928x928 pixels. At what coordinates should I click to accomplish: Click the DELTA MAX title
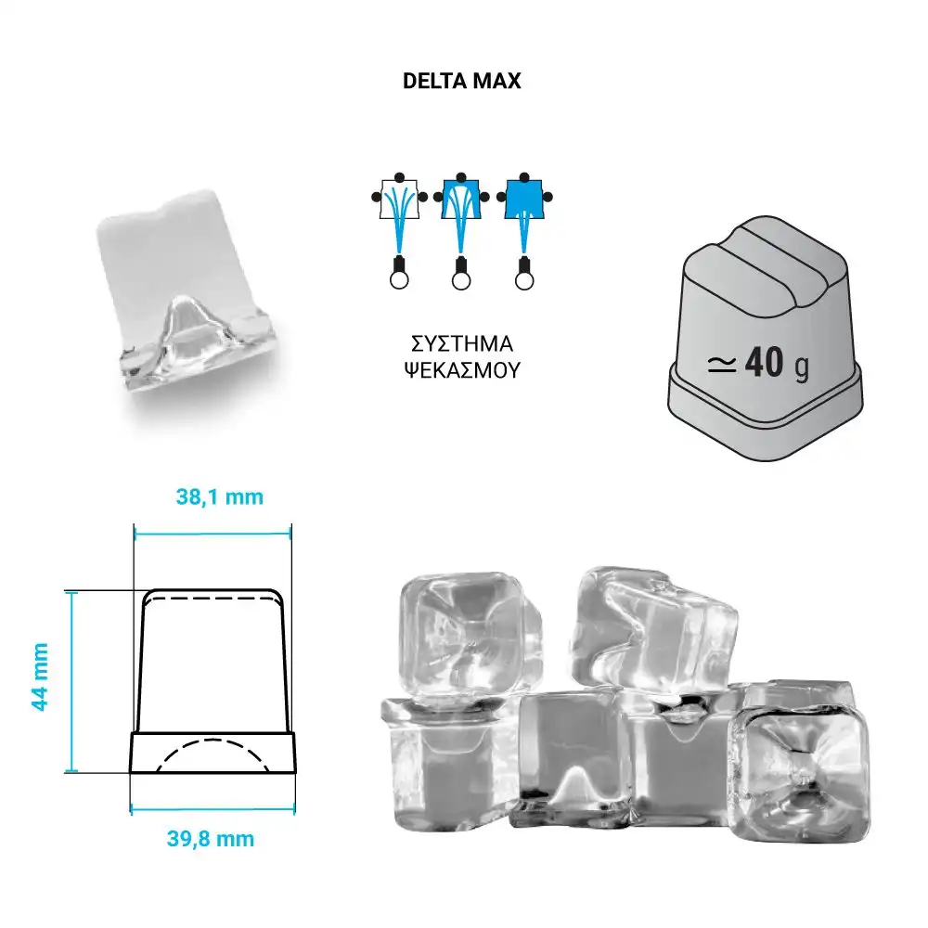[461, 81]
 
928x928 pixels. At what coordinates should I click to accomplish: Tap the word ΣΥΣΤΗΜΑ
[461, 344]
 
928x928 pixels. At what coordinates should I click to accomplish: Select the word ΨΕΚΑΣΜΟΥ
[461, 370]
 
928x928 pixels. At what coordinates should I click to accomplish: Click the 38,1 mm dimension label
[220, 497]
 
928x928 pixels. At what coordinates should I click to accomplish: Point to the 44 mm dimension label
[40, 677]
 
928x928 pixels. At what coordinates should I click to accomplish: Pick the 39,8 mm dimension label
[211, 839]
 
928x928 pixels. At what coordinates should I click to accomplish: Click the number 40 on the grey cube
[765, 362]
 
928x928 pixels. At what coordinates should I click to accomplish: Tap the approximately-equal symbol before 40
[722, 365]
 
